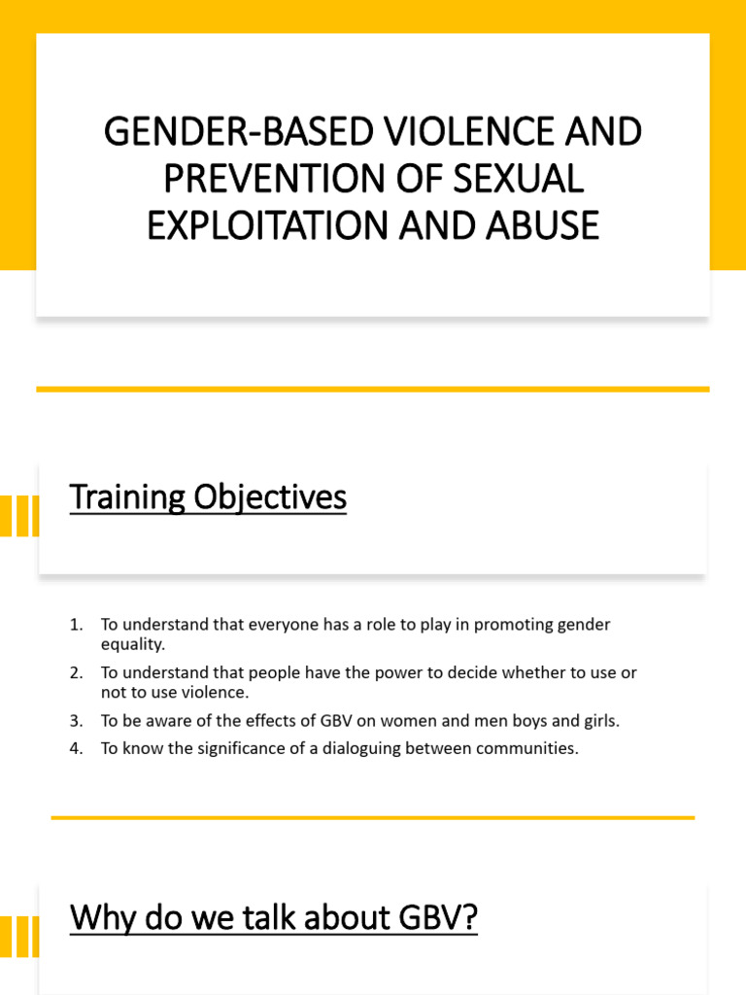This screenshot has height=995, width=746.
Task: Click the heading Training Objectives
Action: click(208, 498)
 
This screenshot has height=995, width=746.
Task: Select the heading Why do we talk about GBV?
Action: click(274, 918)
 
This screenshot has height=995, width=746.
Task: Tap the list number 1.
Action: click(76, 625)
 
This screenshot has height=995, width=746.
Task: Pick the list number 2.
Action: click(76, 672)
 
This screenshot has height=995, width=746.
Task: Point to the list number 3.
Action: click(76, 721)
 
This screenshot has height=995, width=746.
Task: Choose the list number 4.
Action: click(76, 748)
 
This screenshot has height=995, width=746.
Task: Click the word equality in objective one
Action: click(132, 644)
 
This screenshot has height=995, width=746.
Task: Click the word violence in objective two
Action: click(219, 693)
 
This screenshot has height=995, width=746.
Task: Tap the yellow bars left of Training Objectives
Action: click(19, 516)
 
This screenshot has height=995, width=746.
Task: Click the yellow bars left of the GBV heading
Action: click(19, 936)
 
